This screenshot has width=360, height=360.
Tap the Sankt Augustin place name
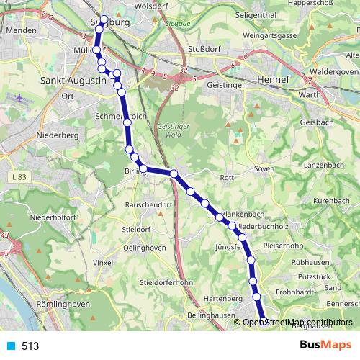[73, 81]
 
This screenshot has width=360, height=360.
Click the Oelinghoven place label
[145, 248]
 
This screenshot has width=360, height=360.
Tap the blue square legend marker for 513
[9, 346]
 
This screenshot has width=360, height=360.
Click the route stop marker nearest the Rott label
[191, 192]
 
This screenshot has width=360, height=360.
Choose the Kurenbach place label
[331, 199]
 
